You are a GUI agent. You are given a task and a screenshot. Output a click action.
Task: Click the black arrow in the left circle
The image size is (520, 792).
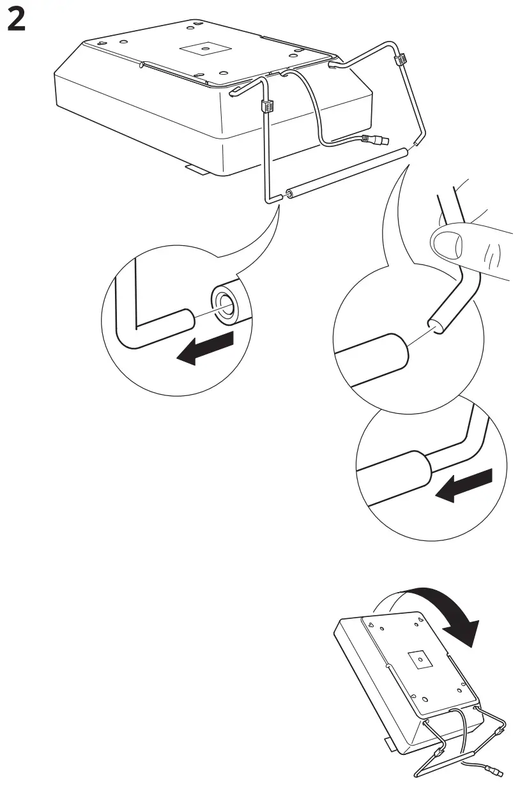coord(204,348)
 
